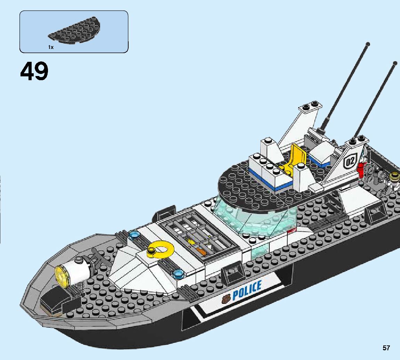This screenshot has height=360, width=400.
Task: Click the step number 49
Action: click(x=34, y=72)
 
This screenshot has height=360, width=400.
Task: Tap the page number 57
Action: click(x=386, y=348)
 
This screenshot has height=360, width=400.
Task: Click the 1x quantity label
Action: click(x=51, y=47)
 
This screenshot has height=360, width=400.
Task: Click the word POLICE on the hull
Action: click(x=247, y=291)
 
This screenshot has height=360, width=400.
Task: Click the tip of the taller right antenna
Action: click(x=395, y=63)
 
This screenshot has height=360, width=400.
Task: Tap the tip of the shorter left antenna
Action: click(x=368, y=44)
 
